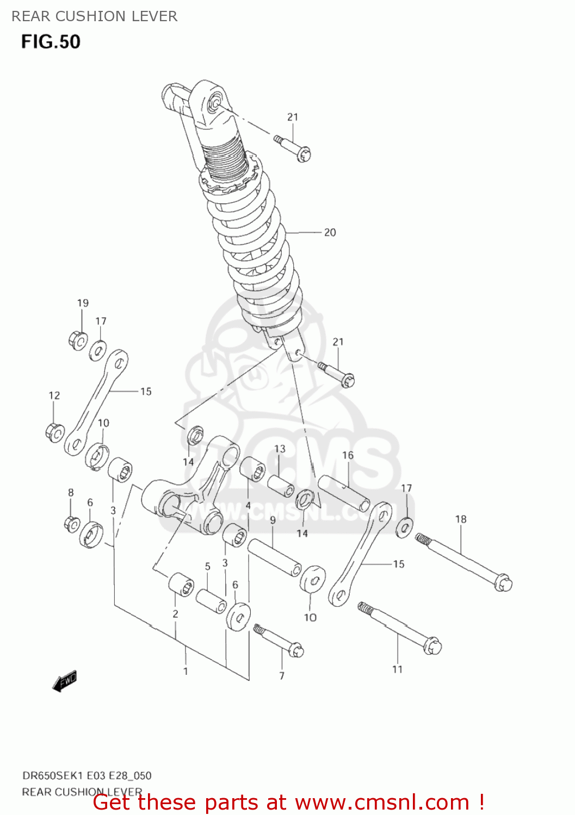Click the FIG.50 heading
51,42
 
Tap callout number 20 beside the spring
330,233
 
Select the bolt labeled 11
400,628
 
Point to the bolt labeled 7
278,640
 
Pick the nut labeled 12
55,432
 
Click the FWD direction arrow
65,681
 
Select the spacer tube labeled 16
344,493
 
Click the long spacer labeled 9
275,557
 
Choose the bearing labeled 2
181,584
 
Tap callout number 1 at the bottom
186,671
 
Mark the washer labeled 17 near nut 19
98,350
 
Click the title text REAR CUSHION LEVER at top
95,16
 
